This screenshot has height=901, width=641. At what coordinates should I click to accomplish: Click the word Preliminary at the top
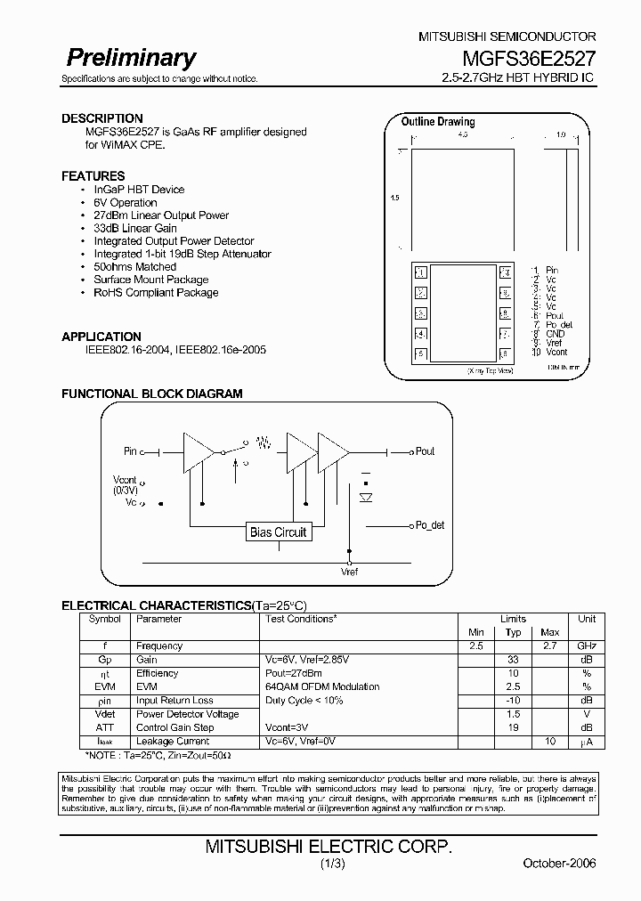click(131, 59)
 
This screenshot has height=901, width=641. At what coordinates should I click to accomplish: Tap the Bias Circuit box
click(278, 532)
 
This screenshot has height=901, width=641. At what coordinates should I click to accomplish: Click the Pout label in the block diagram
click(425, 451)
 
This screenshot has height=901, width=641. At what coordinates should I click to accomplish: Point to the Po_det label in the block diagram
click(429, 525)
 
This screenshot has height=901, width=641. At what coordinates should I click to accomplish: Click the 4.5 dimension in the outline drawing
click(462, 134)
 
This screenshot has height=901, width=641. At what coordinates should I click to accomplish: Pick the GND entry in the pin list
click(556, 334)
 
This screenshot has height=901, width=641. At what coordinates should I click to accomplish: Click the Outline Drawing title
click(438, 122)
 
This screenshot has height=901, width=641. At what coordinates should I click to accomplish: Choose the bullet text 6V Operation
click(126, 202)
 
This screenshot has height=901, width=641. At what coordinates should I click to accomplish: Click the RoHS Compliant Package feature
click(156, 292)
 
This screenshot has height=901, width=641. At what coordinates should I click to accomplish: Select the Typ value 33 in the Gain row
click(513, 660)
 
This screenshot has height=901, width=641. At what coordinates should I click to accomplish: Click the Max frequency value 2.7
click(549, 645)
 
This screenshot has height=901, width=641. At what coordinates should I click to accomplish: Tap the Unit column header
click(587, 619)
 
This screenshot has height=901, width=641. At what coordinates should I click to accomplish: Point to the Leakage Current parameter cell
click(173, 741)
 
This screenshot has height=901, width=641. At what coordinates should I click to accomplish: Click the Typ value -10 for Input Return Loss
click(513, 701)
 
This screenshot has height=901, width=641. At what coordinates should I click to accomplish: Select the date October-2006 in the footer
click(559, 864)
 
